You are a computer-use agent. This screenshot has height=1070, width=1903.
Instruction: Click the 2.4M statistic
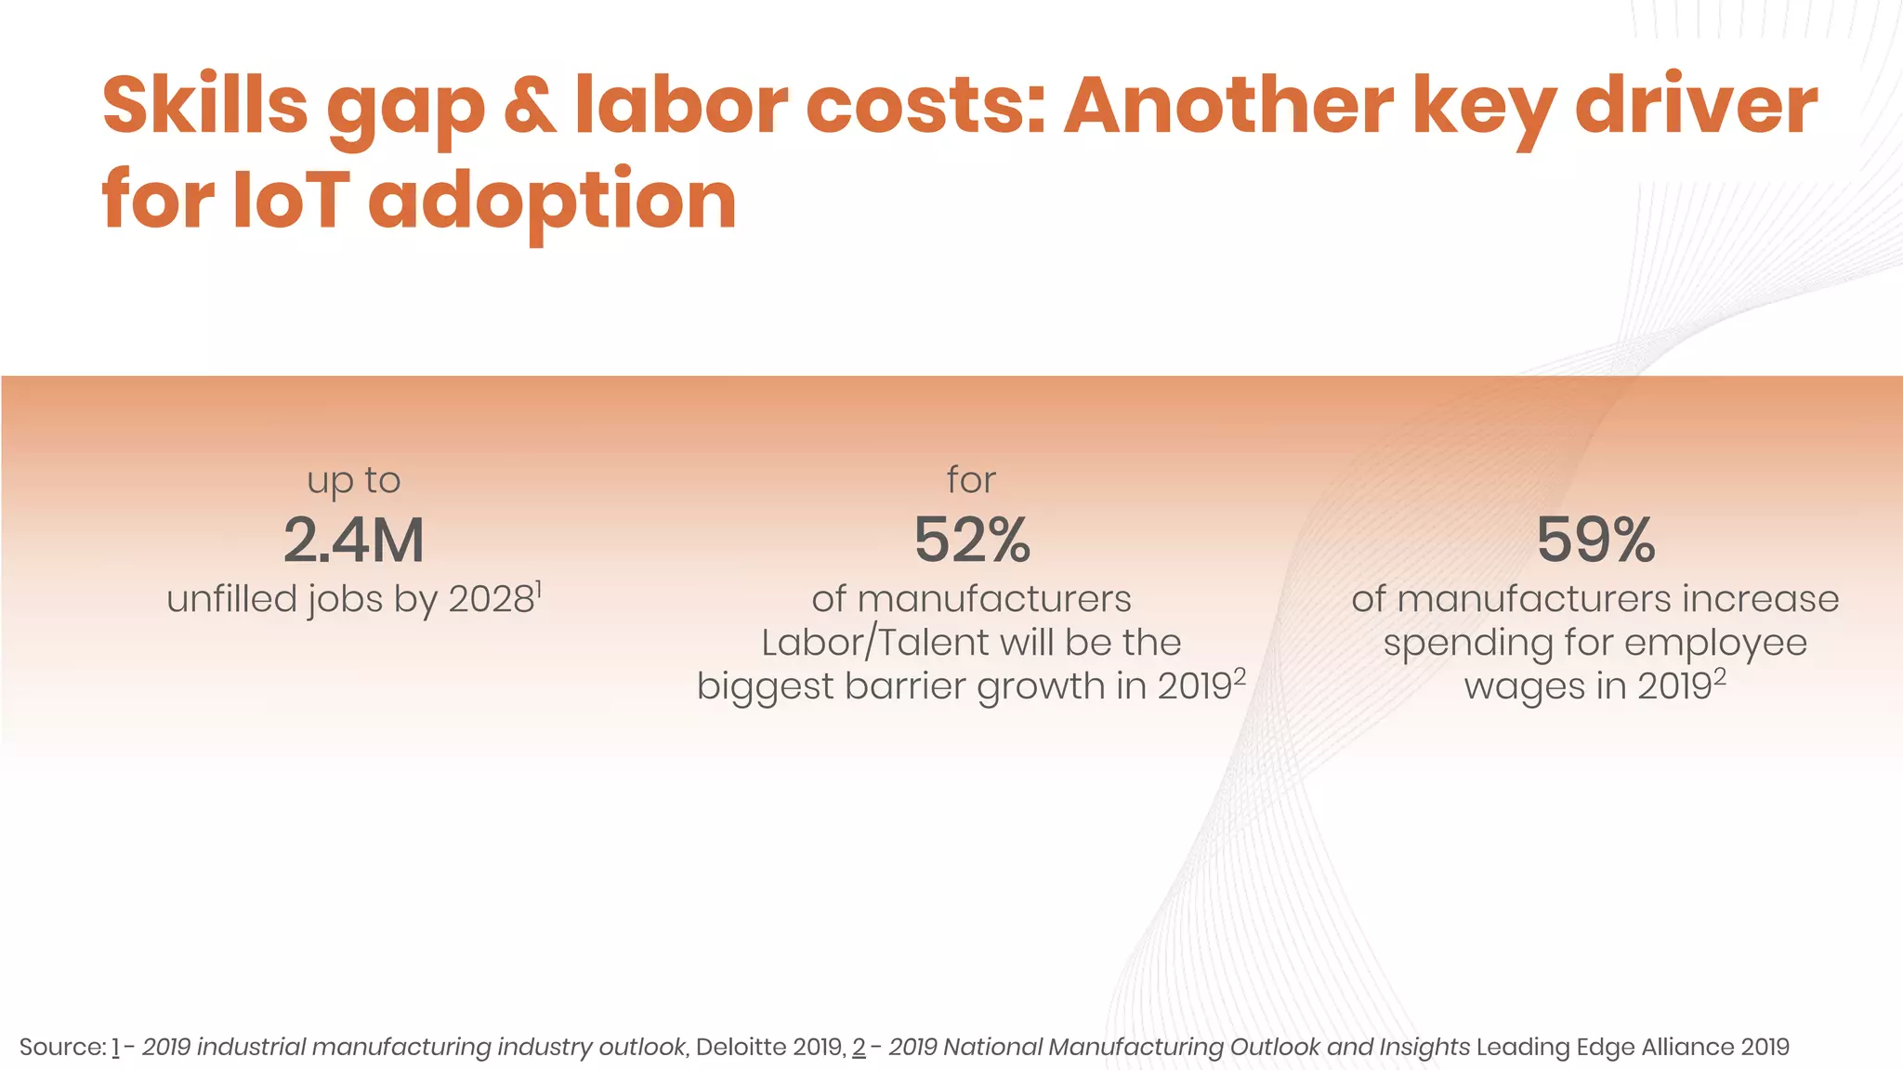click(x=353, y=541)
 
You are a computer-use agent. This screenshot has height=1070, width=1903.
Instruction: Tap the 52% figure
click(x=972, y=541)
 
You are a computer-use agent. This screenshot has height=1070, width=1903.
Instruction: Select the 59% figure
click(x=1595, y=541)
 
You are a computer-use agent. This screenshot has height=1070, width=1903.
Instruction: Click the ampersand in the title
click(x=530, y=105)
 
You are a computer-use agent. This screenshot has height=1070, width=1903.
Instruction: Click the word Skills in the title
click(x=204, y=105)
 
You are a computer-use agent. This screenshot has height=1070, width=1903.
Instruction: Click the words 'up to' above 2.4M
click(x=353, y=481)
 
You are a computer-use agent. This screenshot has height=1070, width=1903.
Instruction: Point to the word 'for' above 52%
click(x=971, y=480)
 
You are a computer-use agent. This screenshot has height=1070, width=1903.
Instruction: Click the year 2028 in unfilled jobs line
click(x=491, y=600)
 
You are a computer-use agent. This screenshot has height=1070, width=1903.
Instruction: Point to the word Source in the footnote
click(x=61, y=1047)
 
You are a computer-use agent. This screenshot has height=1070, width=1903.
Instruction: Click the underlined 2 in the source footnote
click(x=859, y=1047)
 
